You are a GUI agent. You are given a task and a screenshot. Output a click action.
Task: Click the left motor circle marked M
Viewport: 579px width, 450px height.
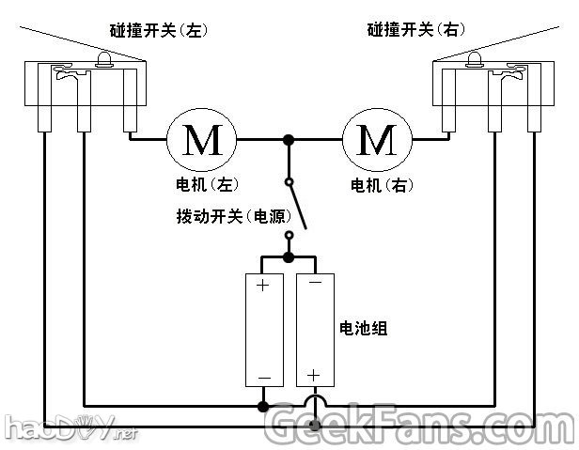point(203,140)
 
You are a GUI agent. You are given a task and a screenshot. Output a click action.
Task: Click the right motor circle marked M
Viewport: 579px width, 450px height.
point(378,140)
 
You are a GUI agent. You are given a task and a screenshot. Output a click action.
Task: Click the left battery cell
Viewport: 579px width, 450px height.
point(264,329)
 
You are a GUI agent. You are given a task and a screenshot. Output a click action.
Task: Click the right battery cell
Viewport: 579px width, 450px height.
point(313,329)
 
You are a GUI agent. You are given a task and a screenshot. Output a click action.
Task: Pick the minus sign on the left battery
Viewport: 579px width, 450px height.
point(264,379)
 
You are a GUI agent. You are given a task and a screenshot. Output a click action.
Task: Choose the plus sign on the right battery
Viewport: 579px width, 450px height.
point(313,375)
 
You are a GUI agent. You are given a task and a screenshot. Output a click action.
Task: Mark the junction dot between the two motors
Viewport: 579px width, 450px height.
point(289,140)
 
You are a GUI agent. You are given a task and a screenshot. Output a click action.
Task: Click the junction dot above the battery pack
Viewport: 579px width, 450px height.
point(289,256)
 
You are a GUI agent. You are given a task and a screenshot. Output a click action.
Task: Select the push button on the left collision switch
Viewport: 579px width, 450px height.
point(104,62)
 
